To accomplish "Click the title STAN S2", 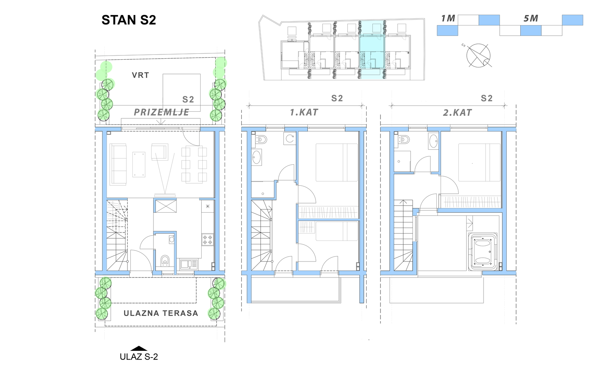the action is coord(129,20).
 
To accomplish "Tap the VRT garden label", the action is coord(140,75).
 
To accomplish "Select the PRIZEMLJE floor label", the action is coord(161,112).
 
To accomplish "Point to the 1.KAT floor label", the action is coord(304,112).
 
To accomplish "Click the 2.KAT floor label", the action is coord(457,113).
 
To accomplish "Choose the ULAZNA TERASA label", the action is coord(161,313).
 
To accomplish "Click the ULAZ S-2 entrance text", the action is coord(139,357).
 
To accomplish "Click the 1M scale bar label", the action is coord(448,19).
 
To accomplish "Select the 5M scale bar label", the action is coord(531,19).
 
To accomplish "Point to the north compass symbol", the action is coord(478,56).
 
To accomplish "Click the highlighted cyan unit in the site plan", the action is coord(372,51).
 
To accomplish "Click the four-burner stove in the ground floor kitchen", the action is coord(208,239).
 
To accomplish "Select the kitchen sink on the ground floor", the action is coord(189,264).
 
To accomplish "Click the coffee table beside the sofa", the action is coord(139,164).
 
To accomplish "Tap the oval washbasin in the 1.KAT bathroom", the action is coord(256,157).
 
